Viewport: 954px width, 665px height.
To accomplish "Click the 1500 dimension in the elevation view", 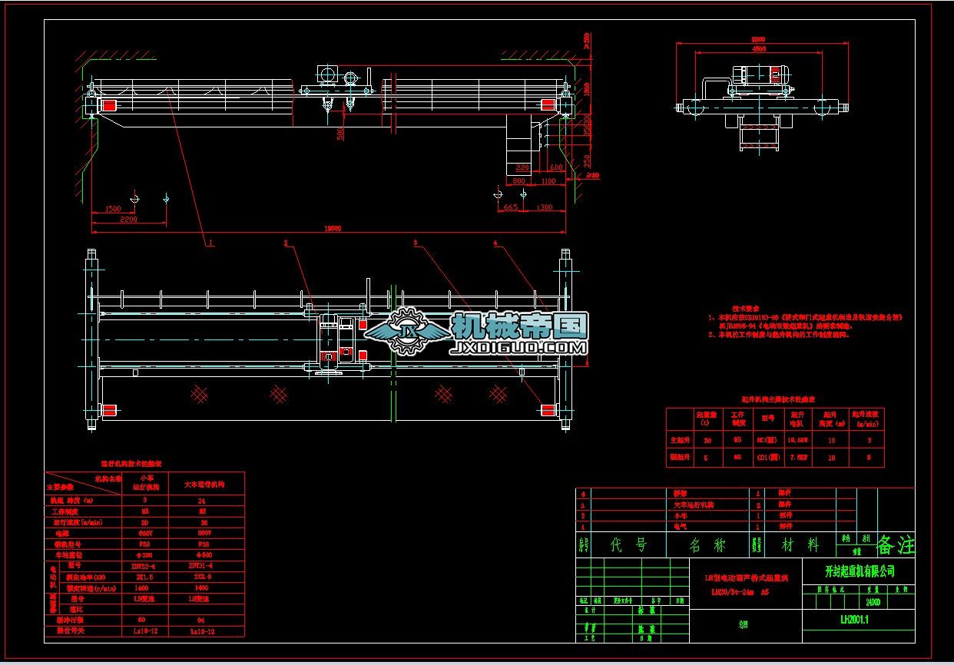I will pos(113,209).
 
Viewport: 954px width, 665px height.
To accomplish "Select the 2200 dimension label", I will pos(128,220).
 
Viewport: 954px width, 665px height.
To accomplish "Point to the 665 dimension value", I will pos(509,207).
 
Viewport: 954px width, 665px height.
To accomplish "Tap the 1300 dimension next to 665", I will pos(544,207).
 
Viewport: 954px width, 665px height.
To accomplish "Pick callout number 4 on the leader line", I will pos(495,243).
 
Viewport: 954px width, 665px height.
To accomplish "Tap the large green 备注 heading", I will pos(896,545).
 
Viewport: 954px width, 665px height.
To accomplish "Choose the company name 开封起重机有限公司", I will pos(860,571).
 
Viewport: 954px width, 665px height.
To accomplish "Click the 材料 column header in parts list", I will pos(801,545).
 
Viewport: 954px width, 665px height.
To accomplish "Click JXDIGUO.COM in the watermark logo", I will pos(521,348).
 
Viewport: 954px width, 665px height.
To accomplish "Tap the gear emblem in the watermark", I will pos(406,331).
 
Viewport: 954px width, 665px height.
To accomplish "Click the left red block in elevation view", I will pos(110,106).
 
